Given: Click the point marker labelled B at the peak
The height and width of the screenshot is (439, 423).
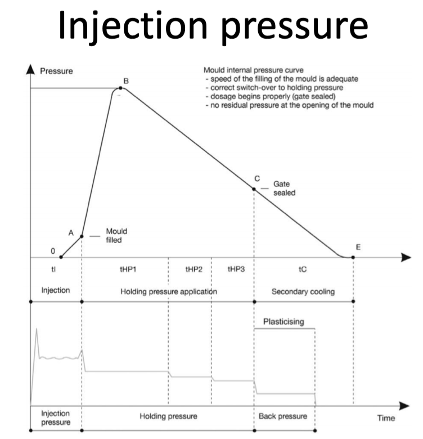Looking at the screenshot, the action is click(x=121, y=88).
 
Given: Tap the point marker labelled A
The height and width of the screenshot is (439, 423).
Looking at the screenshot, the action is click(x=82, y=236).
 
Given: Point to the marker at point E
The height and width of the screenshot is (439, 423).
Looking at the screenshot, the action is click(x=353, y=257).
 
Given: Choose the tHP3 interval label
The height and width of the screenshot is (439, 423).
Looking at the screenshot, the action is click(x=235, y=270).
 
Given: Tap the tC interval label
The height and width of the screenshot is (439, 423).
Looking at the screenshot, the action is click(x=303, y=270).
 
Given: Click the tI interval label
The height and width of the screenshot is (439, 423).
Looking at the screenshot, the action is click(x=53, y=270).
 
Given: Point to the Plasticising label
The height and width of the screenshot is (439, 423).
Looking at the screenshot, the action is click(x=283, y=322).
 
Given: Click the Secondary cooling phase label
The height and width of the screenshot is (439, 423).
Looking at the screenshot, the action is click(x=303, y=292).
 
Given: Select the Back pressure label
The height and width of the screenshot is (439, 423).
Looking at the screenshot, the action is click(x=283, y=416).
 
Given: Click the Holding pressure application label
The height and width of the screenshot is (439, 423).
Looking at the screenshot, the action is click(x=169, y=292).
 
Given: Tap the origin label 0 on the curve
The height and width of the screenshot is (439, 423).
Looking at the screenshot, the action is click(x=53, y=252).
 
